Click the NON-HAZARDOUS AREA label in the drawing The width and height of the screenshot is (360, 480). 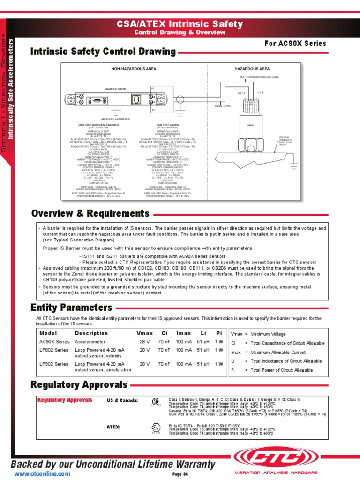[x=134, y=69]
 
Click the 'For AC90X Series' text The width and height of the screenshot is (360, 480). [x=295, y=44]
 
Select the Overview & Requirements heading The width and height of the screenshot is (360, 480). [x=90, y=214]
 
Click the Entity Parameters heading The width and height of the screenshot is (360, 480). [x=71, y=307]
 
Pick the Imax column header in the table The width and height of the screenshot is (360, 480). [x=183, y=333]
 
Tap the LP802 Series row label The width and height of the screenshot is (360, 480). [x=54, y=350]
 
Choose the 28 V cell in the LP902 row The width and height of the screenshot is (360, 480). [x=144, y=364]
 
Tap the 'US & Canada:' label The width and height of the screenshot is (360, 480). [x=122, y=401]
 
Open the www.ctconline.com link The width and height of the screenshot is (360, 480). [x=42, y=474]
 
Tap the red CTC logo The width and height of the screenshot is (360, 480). [x=277, y=457]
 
